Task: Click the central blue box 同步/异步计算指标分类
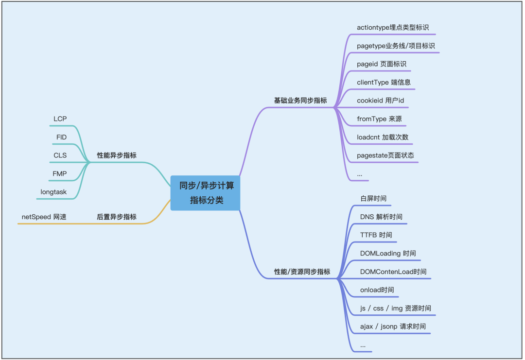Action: tap(206, 193)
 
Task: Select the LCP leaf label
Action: tap(60, 119)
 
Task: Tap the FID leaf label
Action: tap(61, 137)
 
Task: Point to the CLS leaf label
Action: tap(60, 155)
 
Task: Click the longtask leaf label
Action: tap(53, 192)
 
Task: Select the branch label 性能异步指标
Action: tap(117, 155)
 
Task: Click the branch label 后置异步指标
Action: tap(117, 217)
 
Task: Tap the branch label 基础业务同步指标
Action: tap(300, 101)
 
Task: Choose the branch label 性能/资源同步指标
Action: tap(302, 272)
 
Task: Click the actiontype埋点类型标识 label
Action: tap(393, 28)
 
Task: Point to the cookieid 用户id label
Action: tap(381, 101)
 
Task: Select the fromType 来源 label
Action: tap(379, 119)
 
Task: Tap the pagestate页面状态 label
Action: tap(385, 155)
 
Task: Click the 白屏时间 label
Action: tap(373, 198)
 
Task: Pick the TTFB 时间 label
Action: tap(376, 235)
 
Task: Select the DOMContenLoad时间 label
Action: tap(393, 272)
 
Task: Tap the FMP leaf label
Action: tap(60, 173)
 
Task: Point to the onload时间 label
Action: tap(377, 290)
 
